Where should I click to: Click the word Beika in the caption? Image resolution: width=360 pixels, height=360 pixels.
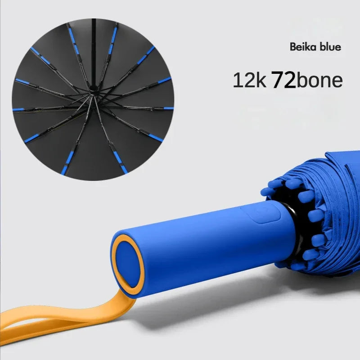tap(301, 47)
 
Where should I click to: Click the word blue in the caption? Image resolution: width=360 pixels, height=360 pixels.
tap(329, 47)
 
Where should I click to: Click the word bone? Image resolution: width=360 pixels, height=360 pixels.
tap(320, 81)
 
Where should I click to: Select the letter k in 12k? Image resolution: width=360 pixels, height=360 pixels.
tap(261, 81)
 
